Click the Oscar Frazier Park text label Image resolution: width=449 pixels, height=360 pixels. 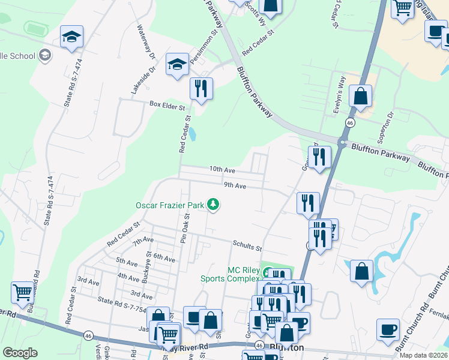coord(170,205)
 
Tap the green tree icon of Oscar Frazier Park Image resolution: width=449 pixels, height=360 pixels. coord(212,205)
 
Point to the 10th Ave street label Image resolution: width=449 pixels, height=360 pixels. coord(221,170)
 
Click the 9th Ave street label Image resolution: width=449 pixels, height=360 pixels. coord(235,186)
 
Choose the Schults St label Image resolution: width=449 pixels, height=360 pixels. coord(247,246)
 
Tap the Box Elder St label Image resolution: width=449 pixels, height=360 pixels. coord(166,104)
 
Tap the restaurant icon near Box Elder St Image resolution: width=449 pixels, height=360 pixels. coord(201,88)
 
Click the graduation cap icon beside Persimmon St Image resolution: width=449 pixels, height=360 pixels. coord(177,65)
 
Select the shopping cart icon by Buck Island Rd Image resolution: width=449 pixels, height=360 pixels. coord(22,293)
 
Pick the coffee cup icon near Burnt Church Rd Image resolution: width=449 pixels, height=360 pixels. coord(388,329)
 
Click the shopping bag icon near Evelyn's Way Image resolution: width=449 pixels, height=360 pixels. coord(360,95)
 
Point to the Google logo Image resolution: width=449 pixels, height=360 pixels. coord(20,353)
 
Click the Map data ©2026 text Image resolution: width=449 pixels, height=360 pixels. coord(424,355)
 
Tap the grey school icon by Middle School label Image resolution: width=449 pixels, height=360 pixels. coord(44,55)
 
